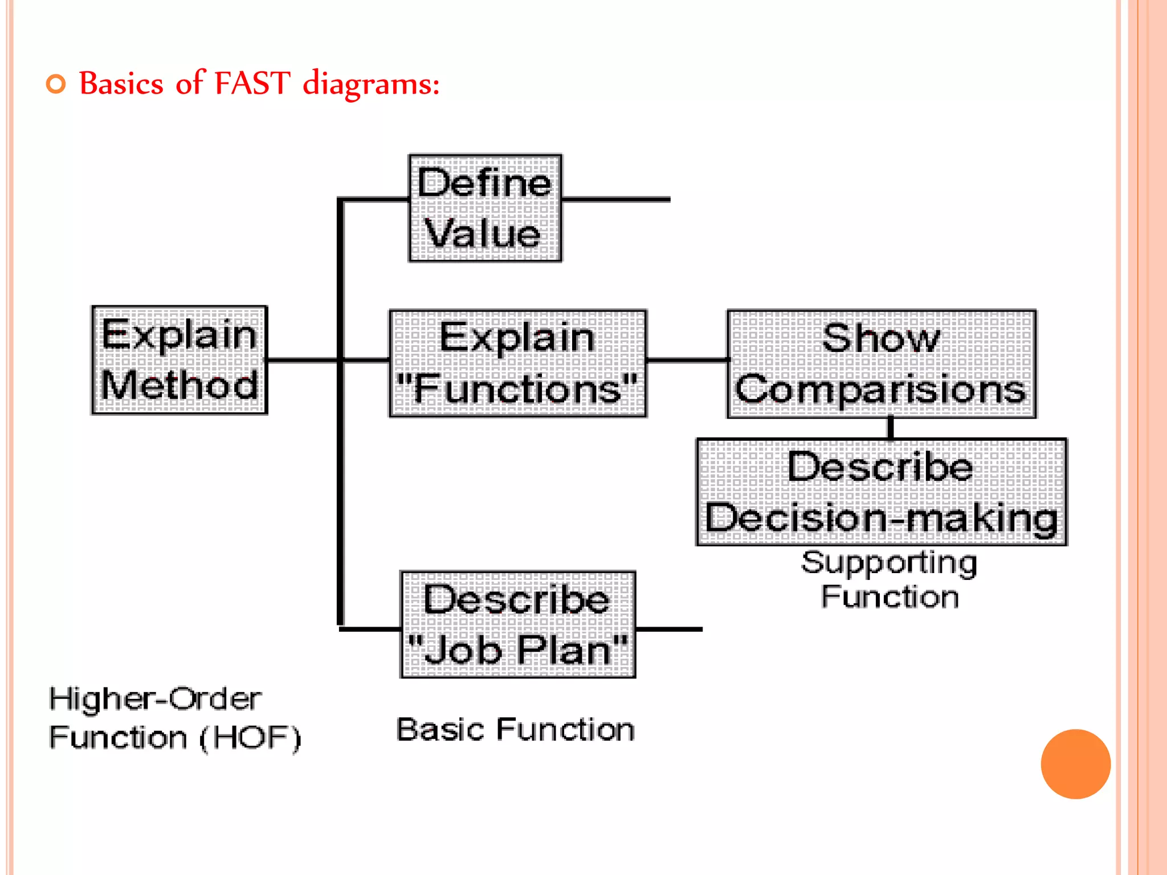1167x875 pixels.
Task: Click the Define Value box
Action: tap(485, 208)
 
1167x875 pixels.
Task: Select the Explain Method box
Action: tap(179, 360)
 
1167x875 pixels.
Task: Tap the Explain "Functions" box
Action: tap(517, 363)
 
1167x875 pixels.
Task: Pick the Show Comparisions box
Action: tap(881, 364)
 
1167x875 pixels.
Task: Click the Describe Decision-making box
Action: tap(881, 492)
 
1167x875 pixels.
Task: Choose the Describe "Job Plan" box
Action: tap(517, 624)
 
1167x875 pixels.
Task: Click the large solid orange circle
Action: tap(1075, 764)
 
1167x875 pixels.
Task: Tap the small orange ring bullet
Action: tap(56, 84)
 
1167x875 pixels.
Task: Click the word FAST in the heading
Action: tap(252, 83)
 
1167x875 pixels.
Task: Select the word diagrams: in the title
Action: tap(371, 84)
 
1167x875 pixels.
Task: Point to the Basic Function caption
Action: tap(515, 730)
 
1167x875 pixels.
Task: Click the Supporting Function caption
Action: tap(889, 579)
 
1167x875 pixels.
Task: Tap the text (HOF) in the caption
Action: tap(250, 738)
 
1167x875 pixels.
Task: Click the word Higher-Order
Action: tap(155, 698)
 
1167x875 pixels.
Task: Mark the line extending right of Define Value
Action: tap(615, 200)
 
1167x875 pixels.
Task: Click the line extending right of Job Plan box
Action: tap(668, 629)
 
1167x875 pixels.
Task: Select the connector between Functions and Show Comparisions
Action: tap(687, 360)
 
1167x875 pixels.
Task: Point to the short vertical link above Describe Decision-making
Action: tap(891, 428)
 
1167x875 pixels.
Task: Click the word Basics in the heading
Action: tap(121, 83)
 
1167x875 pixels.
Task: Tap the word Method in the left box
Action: tap(179, 385)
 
